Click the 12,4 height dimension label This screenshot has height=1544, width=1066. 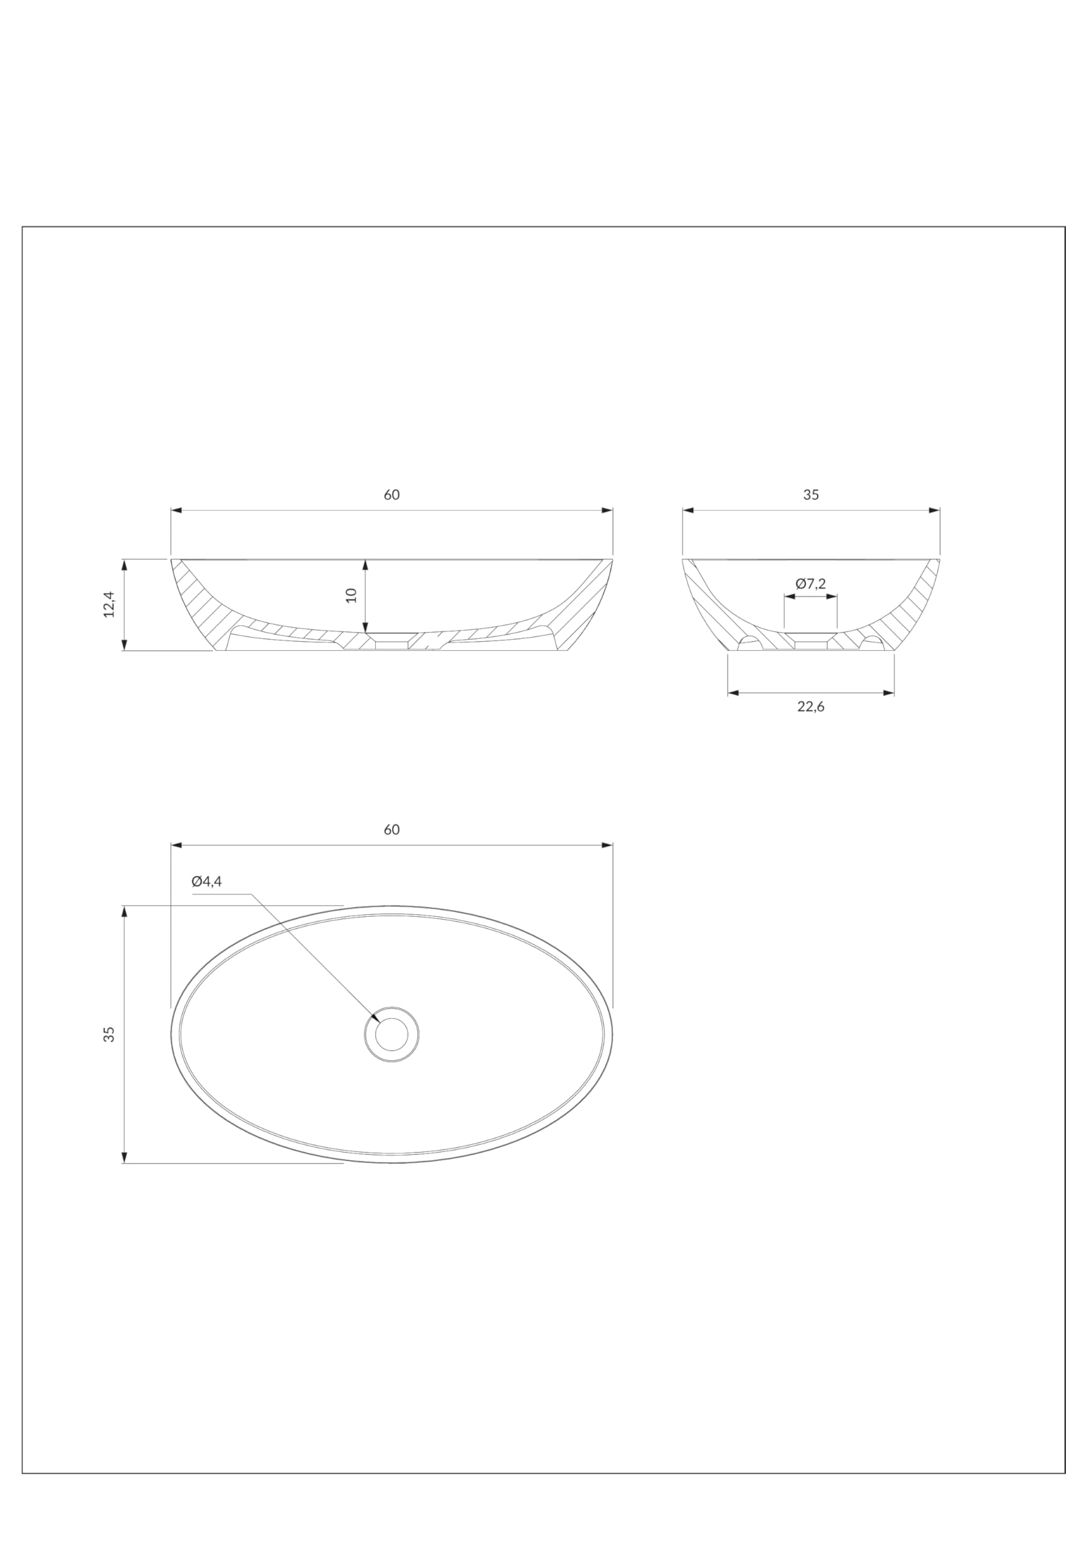(x=109, y=604)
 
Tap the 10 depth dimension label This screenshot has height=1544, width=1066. (x=351, y=595)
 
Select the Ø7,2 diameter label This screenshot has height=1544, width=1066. (x=810, y=584)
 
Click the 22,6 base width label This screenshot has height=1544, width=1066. (x=811, y=706)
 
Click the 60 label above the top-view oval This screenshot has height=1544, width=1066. (x=392, y=829)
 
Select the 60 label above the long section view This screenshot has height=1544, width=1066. (x=392, y=495)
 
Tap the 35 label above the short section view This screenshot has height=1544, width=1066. (x=811, y=495)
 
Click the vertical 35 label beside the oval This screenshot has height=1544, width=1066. (x=109, y=1034)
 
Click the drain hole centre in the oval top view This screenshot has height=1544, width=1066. (x=392, y=1034)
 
